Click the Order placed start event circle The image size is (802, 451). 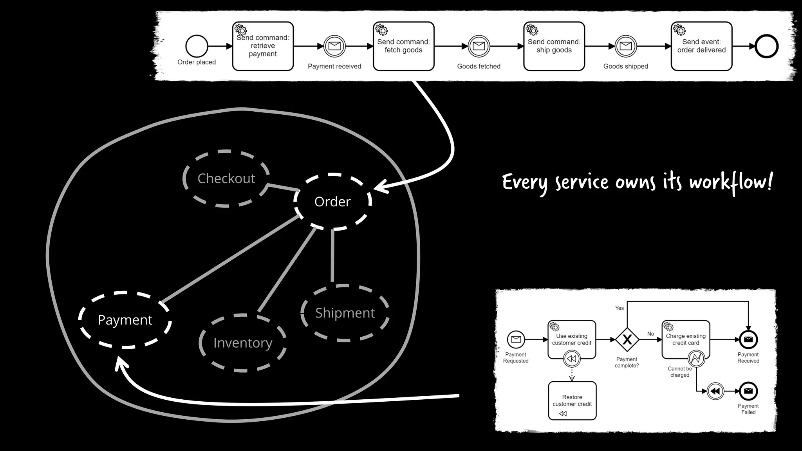(197, 46)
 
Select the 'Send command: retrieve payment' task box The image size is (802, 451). (263, 46)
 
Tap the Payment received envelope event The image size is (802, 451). (334, 46)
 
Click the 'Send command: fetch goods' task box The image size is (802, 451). (403, 46)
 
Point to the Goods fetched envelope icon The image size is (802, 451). (479, 46)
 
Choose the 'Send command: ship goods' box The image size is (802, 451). (554, 46)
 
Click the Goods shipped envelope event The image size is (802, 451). (625, 46)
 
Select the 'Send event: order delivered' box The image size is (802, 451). (701, 46)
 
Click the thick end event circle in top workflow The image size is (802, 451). (766, 46)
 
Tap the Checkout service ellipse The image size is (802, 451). (226, 179)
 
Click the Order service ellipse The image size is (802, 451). (332, 202)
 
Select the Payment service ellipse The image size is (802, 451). (125, 320)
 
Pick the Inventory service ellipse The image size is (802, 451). (242, 343)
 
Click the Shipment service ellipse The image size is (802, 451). (345, 313)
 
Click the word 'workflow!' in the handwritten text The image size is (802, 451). (731, 182)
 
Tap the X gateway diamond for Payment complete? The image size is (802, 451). (627, 339)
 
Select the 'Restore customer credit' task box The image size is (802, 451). (572, 400)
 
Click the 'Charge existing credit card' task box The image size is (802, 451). (685, 339)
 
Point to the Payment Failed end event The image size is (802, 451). (748, 391)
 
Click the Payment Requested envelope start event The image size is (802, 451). (516, 339)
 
